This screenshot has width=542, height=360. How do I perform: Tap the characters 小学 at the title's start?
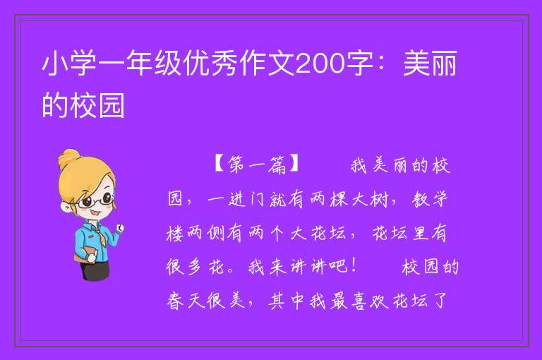(69, 64)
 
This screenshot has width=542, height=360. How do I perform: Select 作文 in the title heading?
(268, 64)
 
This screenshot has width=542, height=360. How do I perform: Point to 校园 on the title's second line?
(97, 104)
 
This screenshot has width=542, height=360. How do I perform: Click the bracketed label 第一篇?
(257, 164)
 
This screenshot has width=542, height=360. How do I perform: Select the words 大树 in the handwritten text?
(371, 199)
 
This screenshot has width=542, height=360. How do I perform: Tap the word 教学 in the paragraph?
(430, 199)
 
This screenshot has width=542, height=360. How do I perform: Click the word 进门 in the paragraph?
(246, 199)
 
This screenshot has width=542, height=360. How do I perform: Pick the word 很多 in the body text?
(184, 267)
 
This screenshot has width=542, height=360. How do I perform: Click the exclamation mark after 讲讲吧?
(354, 266)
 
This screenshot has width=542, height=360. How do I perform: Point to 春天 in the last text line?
(186, 300)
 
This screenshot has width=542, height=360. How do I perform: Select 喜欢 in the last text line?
(369, 300)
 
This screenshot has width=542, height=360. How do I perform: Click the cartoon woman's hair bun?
(69, 158)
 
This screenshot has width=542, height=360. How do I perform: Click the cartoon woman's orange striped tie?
(102, 237)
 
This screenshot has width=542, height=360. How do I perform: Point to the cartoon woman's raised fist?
(120, 228)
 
